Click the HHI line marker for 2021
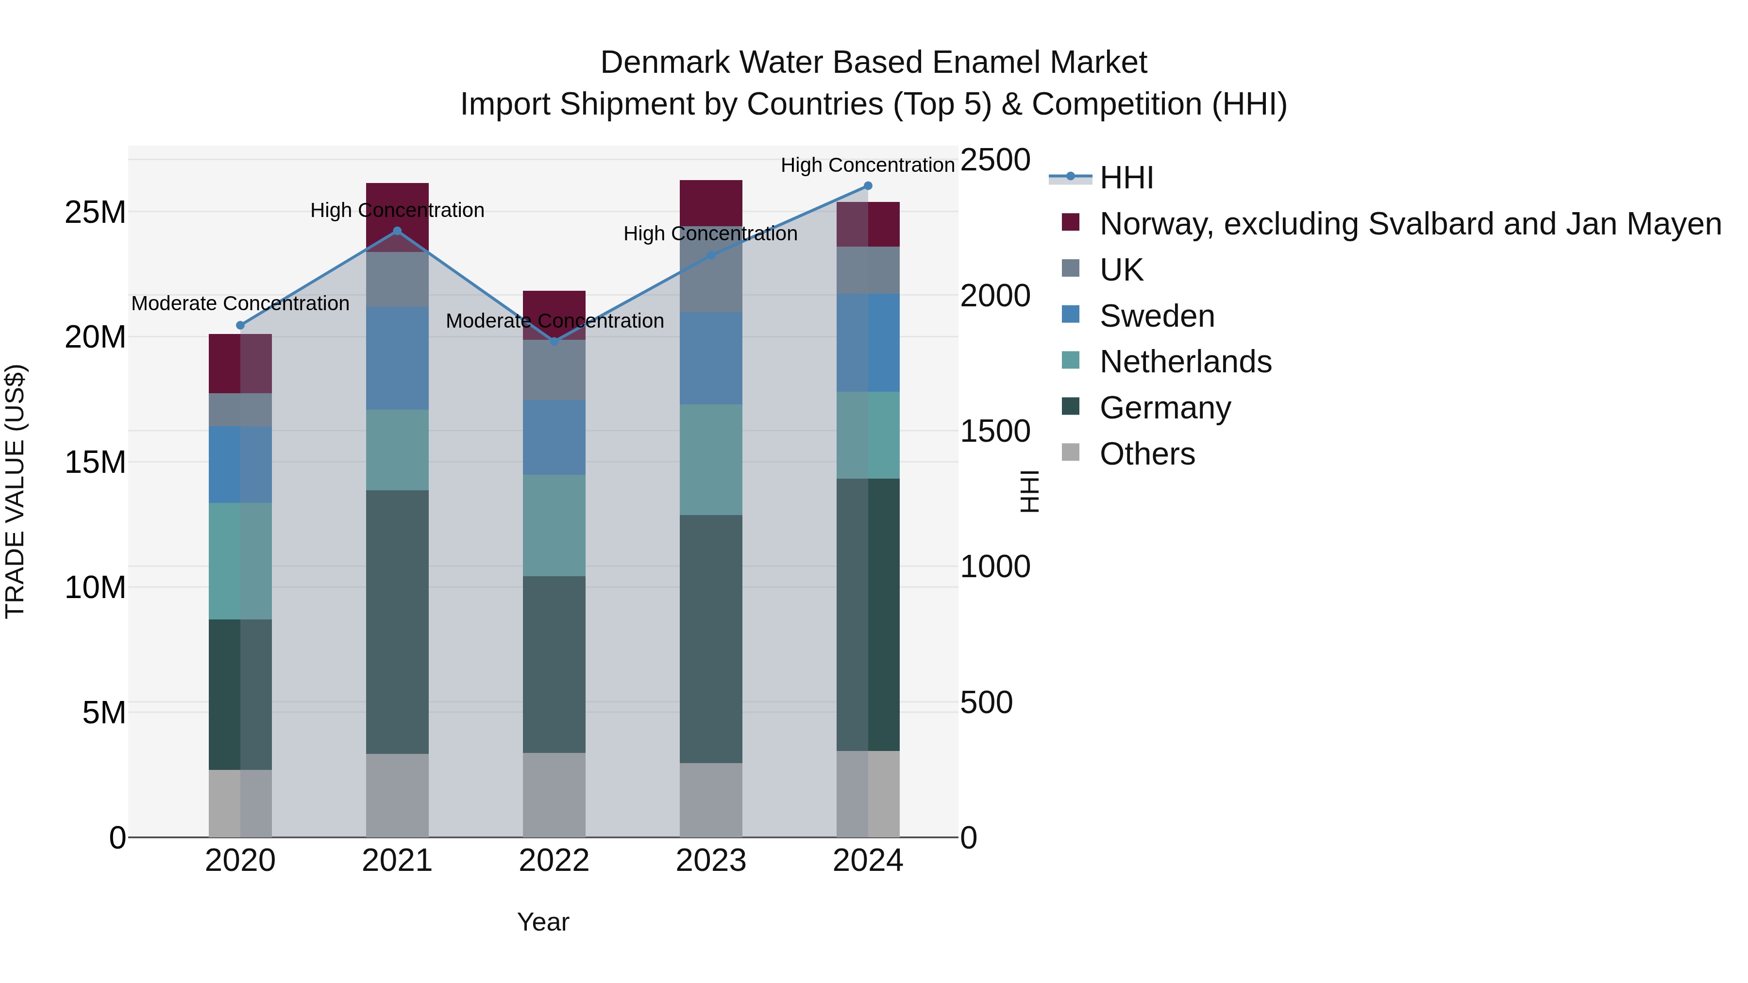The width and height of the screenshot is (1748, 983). point(397,232)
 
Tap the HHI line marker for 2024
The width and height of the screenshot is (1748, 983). point(868,186)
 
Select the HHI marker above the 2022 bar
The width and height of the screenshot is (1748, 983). point(555,341)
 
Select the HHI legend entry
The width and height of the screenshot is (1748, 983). point(1126,178)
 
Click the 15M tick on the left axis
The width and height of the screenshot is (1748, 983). point(95,462)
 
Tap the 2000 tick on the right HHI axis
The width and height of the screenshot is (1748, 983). point(995,296)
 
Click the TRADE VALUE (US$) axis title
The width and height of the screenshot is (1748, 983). point(15,491)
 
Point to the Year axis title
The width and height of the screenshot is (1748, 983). point(543,922)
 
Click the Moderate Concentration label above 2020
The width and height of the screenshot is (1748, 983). point(240,303)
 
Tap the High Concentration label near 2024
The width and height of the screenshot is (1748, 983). point(867,165)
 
